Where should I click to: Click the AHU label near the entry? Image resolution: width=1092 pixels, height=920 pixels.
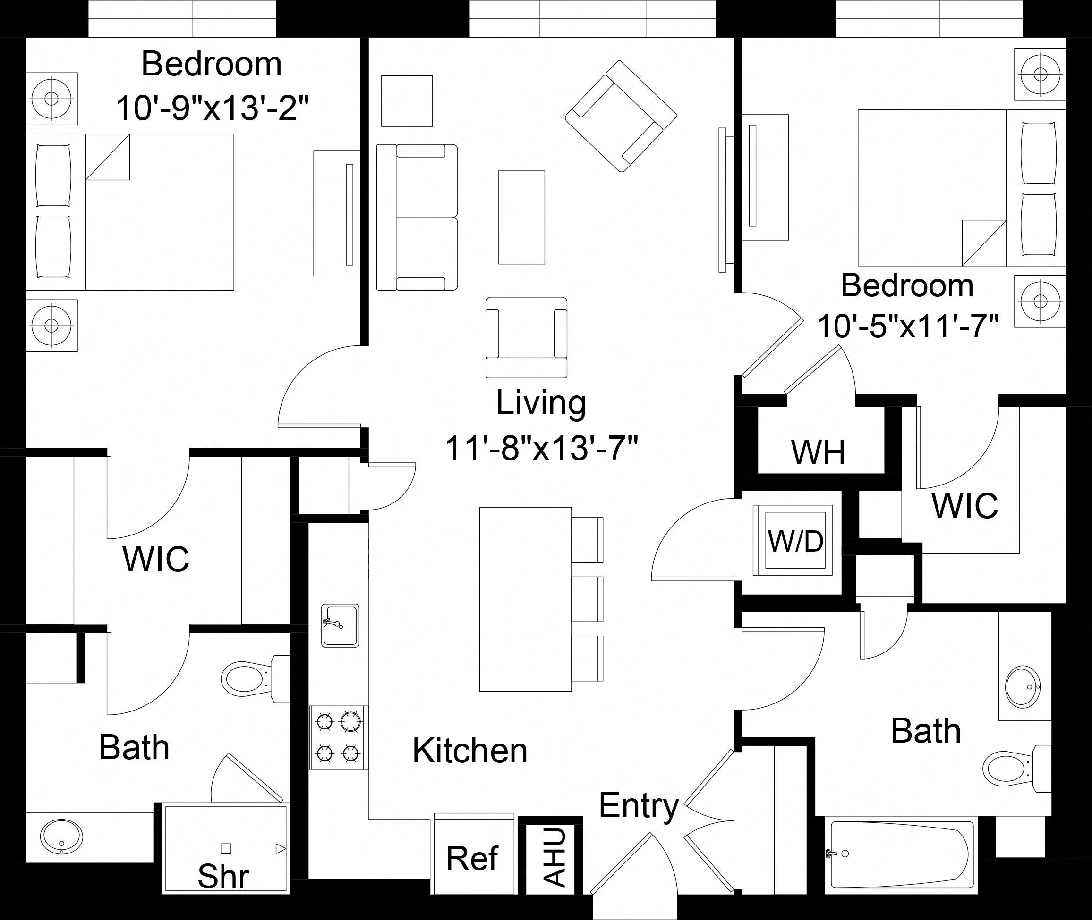(555, 857)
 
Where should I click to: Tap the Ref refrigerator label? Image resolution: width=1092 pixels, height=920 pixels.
(472, 859)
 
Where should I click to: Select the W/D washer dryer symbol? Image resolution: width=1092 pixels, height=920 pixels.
(795, 540)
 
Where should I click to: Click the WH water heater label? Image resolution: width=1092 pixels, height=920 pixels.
(818, 453)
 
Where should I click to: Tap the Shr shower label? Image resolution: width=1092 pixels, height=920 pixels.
(223, 876)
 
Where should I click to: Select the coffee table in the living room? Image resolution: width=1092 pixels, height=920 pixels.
(521, 217)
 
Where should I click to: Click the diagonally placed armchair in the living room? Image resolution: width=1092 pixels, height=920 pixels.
(621, 116)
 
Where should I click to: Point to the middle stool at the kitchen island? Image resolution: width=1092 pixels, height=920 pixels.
(587, 599)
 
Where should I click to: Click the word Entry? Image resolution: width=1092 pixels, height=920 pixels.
(639, 806)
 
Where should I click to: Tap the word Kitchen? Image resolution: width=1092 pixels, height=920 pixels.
(470, 751)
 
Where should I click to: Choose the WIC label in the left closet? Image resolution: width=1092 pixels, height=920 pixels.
(155, 559)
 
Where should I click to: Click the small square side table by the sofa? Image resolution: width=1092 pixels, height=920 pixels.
(407, 101)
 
